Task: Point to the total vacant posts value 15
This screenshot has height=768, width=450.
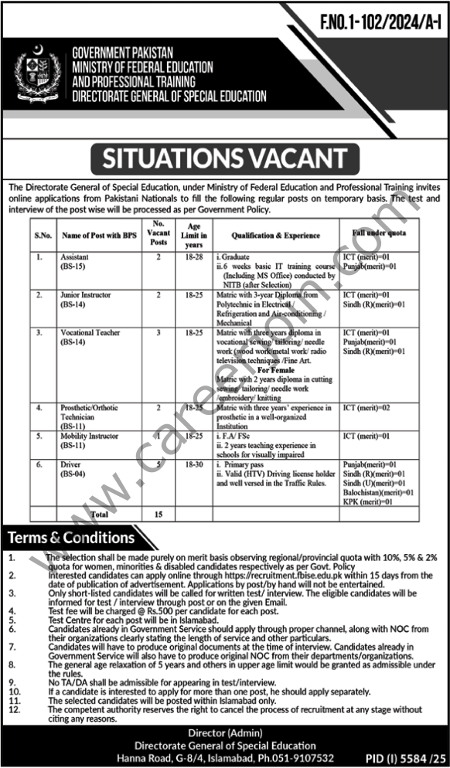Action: coord(158,512)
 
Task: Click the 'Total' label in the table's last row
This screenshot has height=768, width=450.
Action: coord(99,512)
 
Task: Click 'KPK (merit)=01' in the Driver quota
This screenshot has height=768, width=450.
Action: coord(368,501)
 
